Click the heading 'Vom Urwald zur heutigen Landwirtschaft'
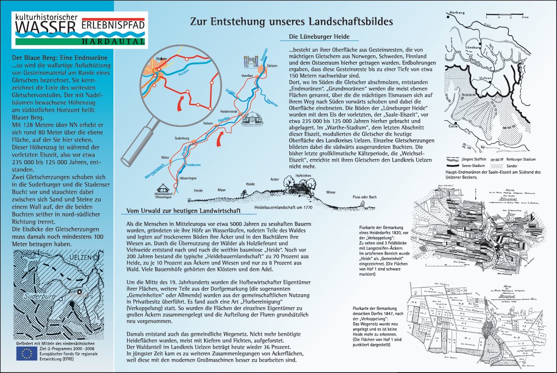[183, 211]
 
